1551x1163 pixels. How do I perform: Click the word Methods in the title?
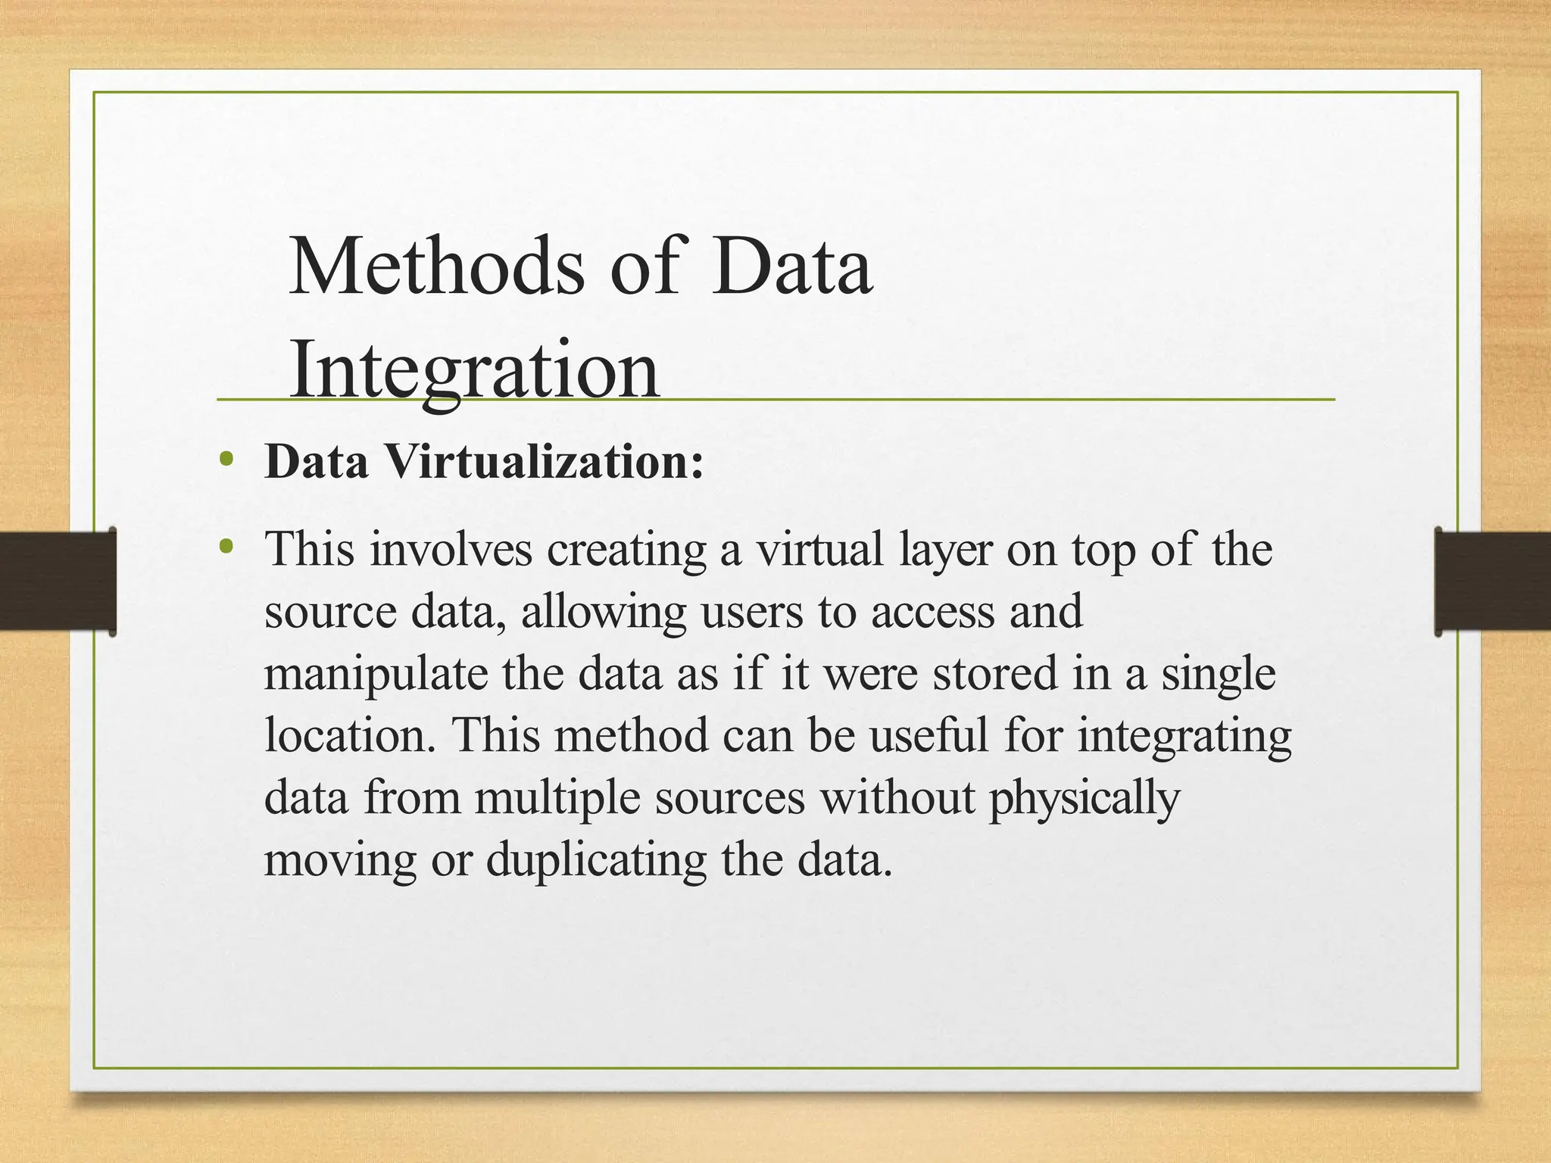[437, 267]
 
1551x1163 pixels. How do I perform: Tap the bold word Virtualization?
[545, 461]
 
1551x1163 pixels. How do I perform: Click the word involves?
[451, 549]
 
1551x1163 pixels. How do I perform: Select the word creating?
[626, 550]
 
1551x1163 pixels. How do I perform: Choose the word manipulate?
[376, 675]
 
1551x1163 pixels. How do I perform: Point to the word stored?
[994, 673]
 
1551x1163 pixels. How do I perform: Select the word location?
[349, 735]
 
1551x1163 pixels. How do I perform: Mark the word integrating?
[1184, 737]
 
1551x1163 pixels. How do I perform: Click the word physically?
[1084, 799]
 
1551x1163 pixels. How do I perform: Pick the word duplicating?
[596, 861]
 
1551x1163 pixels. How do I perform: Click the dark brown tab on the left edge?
[58, 581]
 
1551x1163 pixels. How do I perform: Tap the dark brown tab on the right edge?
[1493, 581]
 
